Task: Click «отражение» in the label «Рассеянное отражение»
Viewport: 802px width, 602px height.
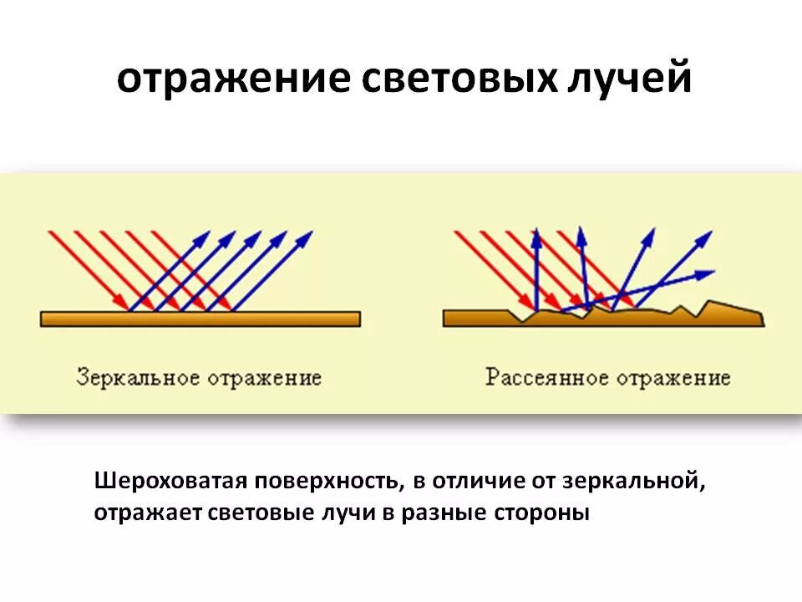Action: click(673, 378)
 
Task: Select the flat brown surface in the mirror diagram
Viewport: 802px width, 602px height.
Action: click(200, 319)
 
